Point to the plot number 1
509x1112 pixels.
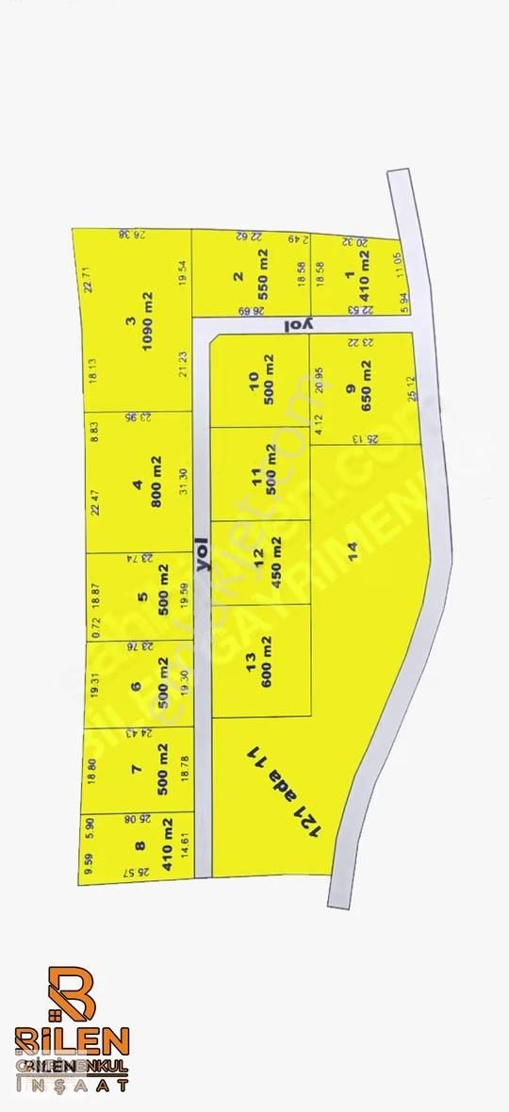tap(349, 275)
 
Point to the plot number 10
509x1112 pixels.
tap(253, 379)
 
